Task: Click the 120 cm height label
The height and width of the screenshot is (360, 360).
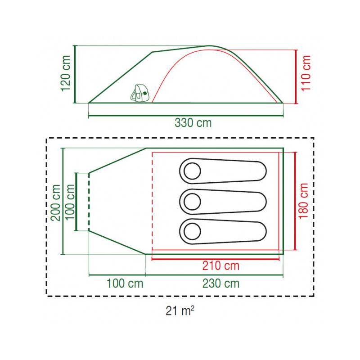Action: [66, 73]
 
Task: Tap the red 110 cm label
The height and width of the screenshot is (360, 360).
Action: [306, 73]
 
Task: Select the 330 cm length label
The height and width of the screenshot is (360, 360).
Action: [193, 123]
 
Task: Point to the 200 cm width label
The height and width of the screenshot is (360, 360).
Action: [55, 202]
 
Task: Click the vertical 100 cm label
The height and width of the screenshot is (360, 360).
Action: [70, 202]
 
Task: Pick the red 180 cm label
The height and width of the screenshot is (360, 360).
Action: [303, 201]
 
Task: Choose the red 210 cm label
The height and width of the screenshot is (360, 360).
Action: [221, 266]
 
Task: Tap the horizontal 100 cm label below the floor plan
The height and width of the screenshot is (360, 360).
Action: [125, 283]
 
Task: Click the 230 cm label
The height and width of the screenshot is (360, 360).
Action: [221, 283]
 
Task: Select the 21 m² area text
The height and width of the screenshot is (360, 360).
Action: [180, 311]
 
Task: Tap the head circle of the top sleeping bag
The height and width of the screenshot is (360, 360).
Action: [192, 171]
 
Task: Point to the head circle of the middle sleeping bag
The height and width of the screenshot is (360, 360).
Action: [192, 202]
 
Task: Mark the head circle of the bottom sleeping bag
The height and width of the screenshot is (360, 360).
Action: [192, 231]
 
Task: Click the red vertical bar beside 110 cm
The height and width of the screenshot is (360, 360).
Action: [296, 76]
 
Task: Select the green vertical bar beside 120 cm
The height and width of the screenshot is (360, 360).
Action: [75, 74]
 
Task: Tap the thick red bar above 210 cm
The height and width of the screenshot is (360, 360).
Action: [216, 260]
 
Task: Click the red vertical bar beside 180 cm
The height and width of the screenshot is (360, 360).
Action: [296, 201]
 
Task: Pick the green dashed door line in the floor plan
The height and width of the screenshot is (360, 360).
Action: [89, 202]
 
